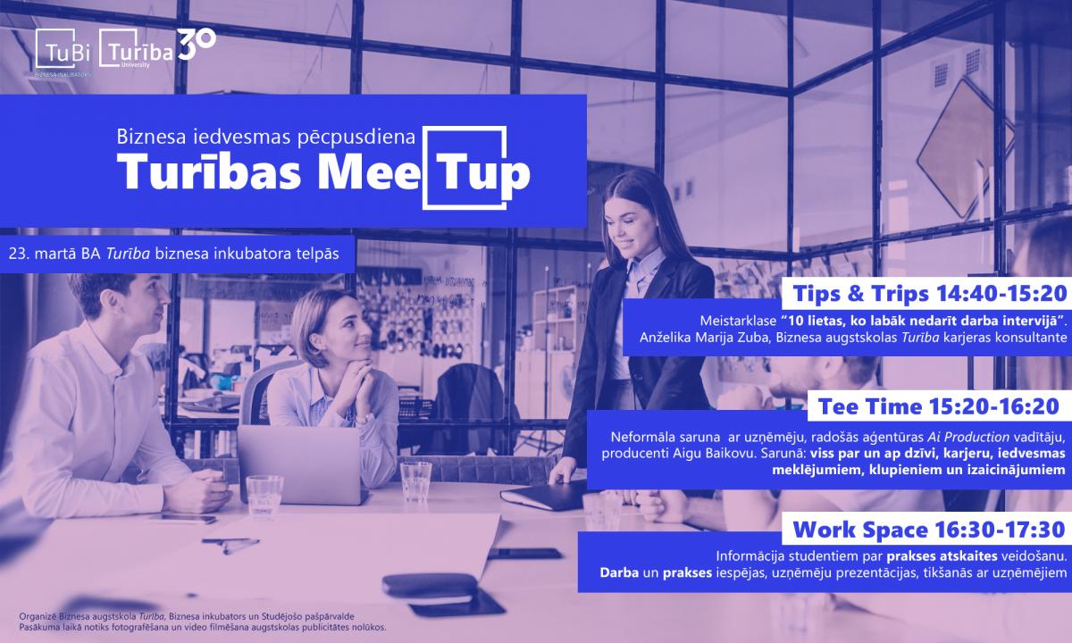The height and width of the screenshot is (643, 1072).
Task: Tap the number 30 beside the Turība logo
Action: click(197, 44)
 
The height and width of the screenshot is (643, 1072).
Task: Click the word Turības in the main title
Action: click(209, 171)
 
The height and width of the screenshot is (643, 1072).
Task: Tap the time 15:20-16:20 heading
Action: click(994, 406)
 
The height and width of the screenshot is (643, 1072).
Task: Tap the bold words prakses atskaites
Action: click(942, 555)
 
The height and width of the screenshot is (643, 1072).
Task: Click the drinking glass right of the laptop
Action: click(415, 480)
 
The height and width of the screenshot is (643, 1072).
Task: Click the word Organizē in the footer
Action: click(35, 617)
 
